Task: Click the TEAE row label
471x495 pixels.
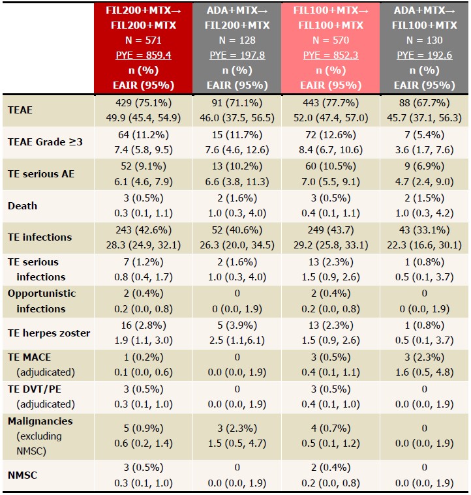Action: [20, 110]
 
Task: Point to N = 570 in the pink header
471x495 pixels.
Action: [329, 40]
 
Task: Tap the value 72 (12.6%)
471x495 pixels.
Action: [329, 135]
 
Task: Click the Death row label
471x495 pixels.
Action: [22, 205]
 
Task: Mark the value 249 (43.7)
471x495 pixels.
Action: [329, 230]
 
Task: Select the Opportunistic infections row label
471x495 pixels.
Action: [42, 301]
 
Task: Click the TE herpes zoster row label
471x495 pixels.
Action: [49, 333]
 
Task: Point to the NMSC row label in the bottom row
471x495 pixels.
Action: [22, 475]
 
